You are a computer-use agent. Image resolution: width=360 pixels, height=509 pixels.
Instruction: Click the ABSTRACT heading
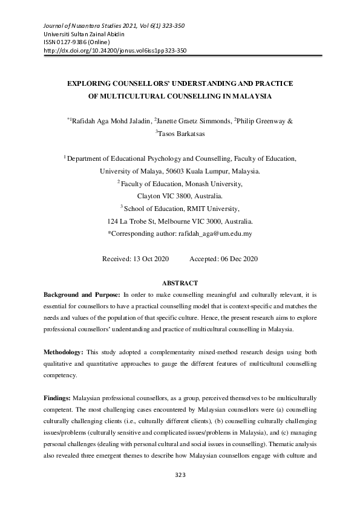[180, 283]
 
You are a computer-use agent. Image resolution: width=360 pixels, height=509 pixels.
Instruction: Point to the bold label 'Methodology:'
[63, 351]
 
